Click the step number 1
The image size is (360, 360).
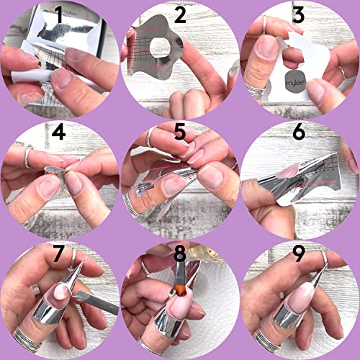click(59, 14)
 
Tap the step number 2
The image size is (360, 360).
click(180, 14)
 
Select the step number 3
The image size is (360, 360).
click(299, 14)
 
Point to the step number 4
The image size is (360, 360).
click(59, 132)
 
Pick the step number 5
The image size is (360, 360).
click(180, 132)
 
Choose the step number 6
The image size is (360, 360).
click(299, 132)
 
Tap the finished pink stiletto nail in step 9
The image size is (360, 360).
click(301, 296)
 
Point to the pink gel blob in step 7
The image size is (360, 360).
click(62, 291)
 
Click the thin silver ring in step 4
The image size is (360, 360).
click(27, 157)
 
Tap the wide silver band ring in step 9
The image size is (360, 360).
click(266, 341)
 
